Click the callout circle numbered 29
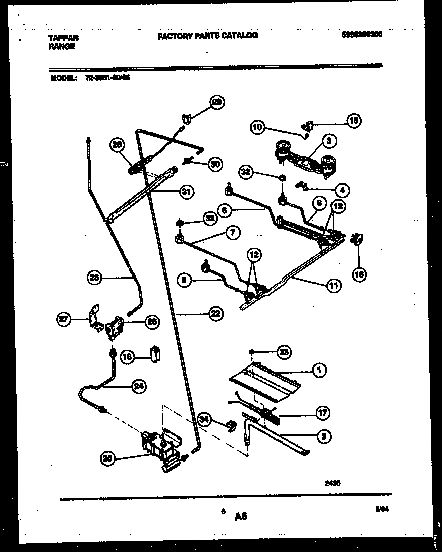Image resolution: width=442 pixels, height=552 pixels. tap(217, 102)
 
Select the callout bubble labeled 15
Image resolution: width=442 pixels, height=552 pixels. tap(355, 120)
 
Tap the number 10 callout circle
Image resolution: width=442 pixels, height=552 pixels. tap(257, 127)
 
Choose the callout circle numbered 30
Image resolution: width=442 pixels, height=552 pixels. tap(215, 164)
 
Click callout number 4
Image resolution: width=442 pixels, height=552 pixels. tap(342, 190)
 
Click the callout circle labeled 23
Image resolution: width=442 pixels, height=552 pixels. tap(94, 277)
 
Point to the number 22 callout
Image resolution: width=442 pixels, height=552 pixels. tap(215, 314)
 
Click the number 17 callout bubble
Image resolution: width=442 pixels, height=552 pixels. tap(323, 413)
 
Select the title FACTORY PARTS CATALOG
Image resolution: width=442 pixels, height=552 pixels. tap(207, 36)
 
